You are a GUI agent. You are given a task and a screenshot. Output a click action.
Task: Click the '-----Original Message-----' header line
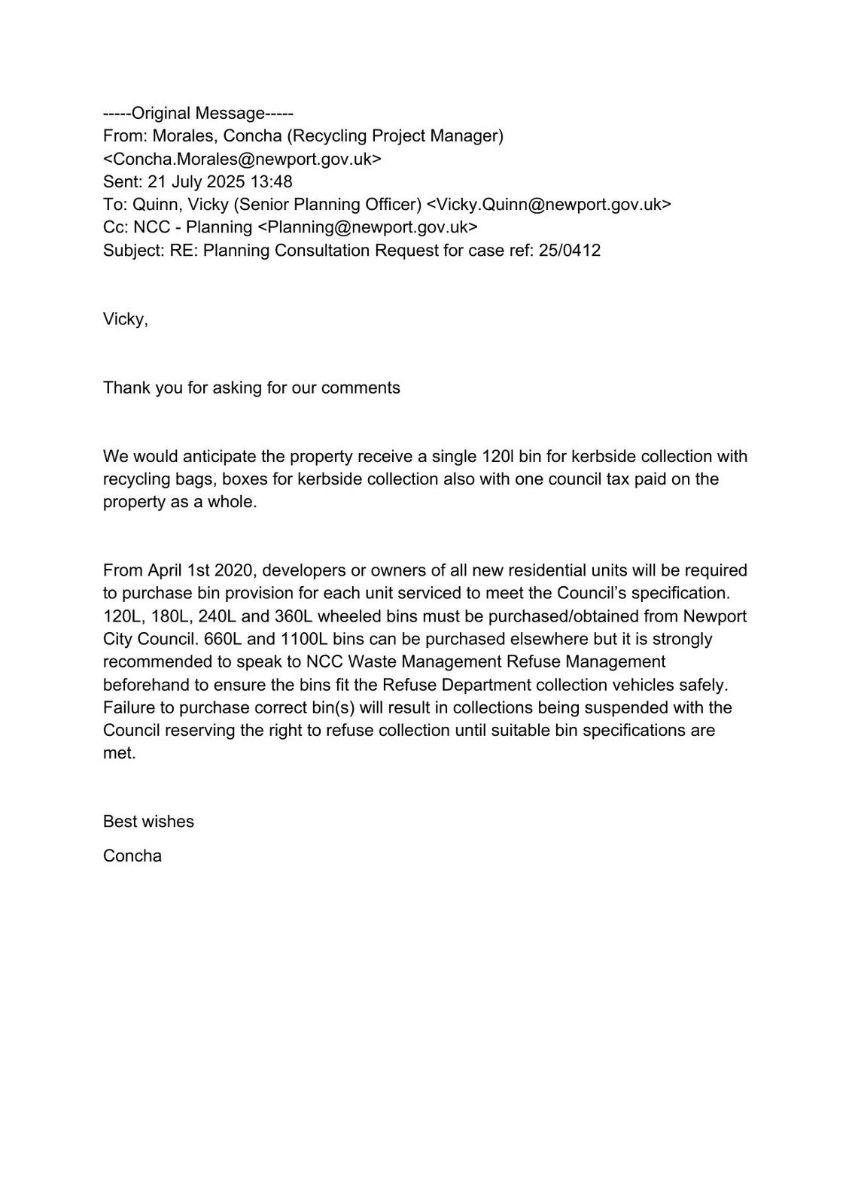[x=198, y=114]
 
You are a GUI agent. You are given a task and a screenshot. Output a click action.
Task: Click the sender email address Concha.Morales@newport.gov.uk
[x=242, y=159]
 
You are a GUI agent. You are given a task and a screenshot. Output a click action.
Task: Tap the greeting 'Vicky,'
[x=126, y=319]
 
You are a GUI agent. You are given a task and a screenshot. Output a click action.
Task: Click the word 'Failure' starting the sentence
[x=128, y=707]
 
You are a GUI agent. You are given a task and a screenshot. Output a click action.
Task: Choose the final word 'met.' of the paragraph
[x=120, y=753]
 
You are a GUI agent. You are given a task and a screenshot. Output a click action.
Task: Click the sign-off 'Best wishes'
[x=148, y=822]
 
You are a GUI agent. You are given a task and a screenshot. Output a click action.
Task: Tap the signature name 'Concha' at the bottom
[x=132, y=856]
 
